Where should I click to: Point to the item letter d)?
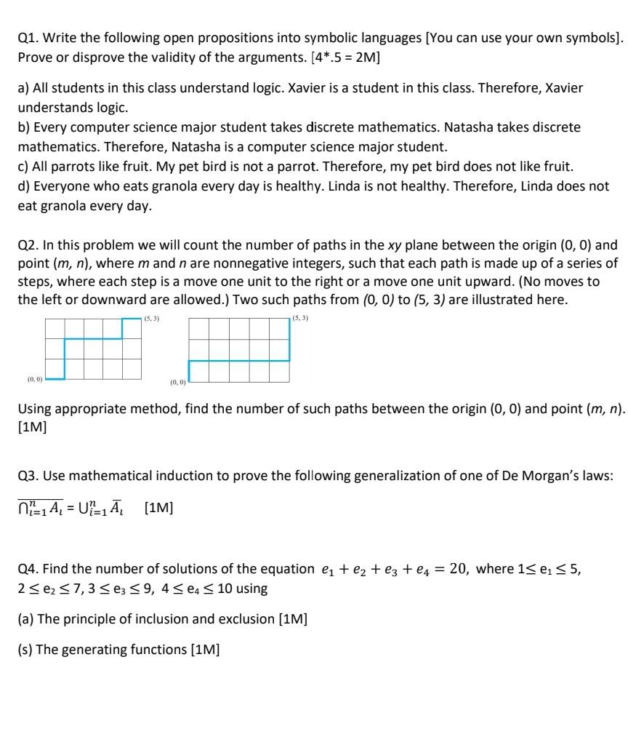[24, 186]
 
